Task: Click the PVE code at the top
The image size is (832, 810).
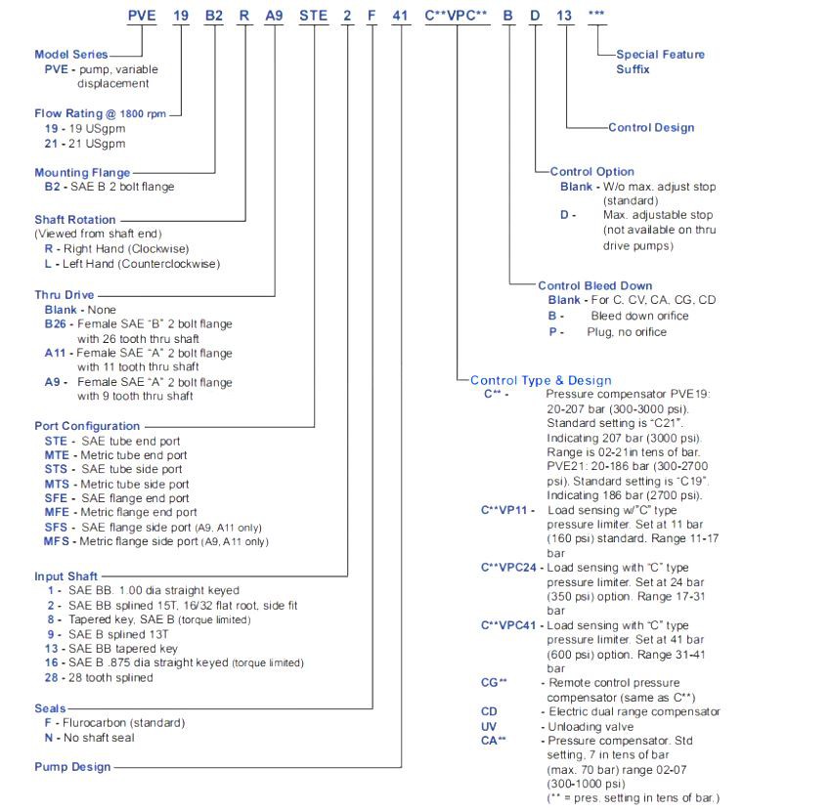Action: [x=143, y=16]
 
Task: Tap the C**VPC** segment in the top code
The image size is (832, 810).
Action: [x=457, y=16]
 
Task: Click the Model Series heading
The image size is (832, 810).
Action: [x=71, y=55]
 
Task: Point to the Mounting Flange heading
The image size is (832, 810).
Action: [x=82, y=173]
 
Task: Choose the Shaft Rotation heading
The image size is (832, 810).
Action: [x=75, y=220]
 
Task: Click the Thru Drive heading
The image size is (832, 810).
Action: [x=64, y=294]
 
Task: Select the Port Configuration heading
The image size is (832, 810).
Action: [x=87, y=426]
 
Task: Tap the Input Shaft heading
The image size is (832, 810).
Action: [x=66, y=576]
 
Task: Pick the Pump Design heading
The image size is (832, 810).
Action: [x=72, y=767]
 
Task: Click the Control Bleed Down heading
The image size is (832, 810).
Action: [x=594, y=285]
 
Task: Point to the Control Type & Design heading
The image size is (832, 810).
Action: [x=541, y=380]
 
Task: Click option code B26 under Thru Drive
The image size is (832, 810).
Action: [x=56, y=323]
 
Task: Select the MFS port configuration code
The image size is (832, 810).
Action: [x=57, y=541]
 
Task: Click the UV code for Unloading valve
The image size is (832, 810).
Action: [x=489, y=727]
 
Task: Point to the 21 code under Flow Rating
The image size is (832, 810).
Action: [x=51, y=144]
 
